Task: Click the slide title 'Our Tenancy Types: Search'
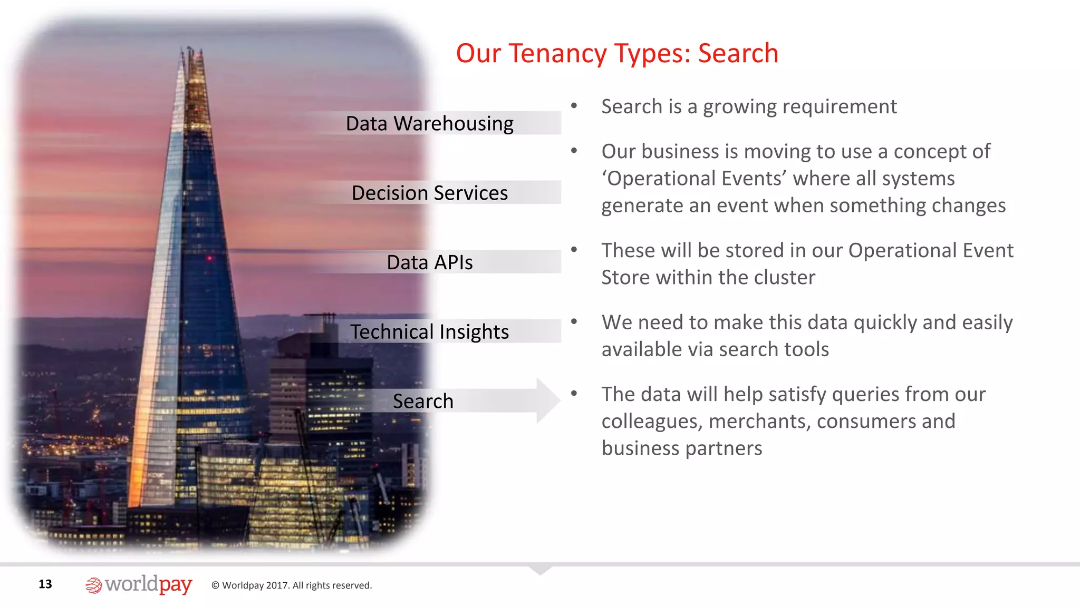(x=617, y=54)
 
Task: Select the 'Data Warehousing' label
(x=429, y=124)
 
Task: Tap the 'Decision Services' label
(x=429, y=193)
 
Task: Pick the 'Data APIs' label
(x=429, y=262)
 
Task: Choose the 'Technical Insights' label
(x=429, y=332)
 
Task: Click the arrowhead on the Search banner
(x=548, y=400)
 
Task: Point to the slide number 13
(x=45, y=584)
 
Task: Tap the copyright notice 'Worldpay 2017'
(x=292, y=585)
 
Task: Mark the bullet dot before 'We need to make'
(x=574, y=321)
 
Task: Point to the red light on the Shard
(x=209, y=258)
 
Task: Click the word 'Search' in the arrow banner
(x=423, y=402)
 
